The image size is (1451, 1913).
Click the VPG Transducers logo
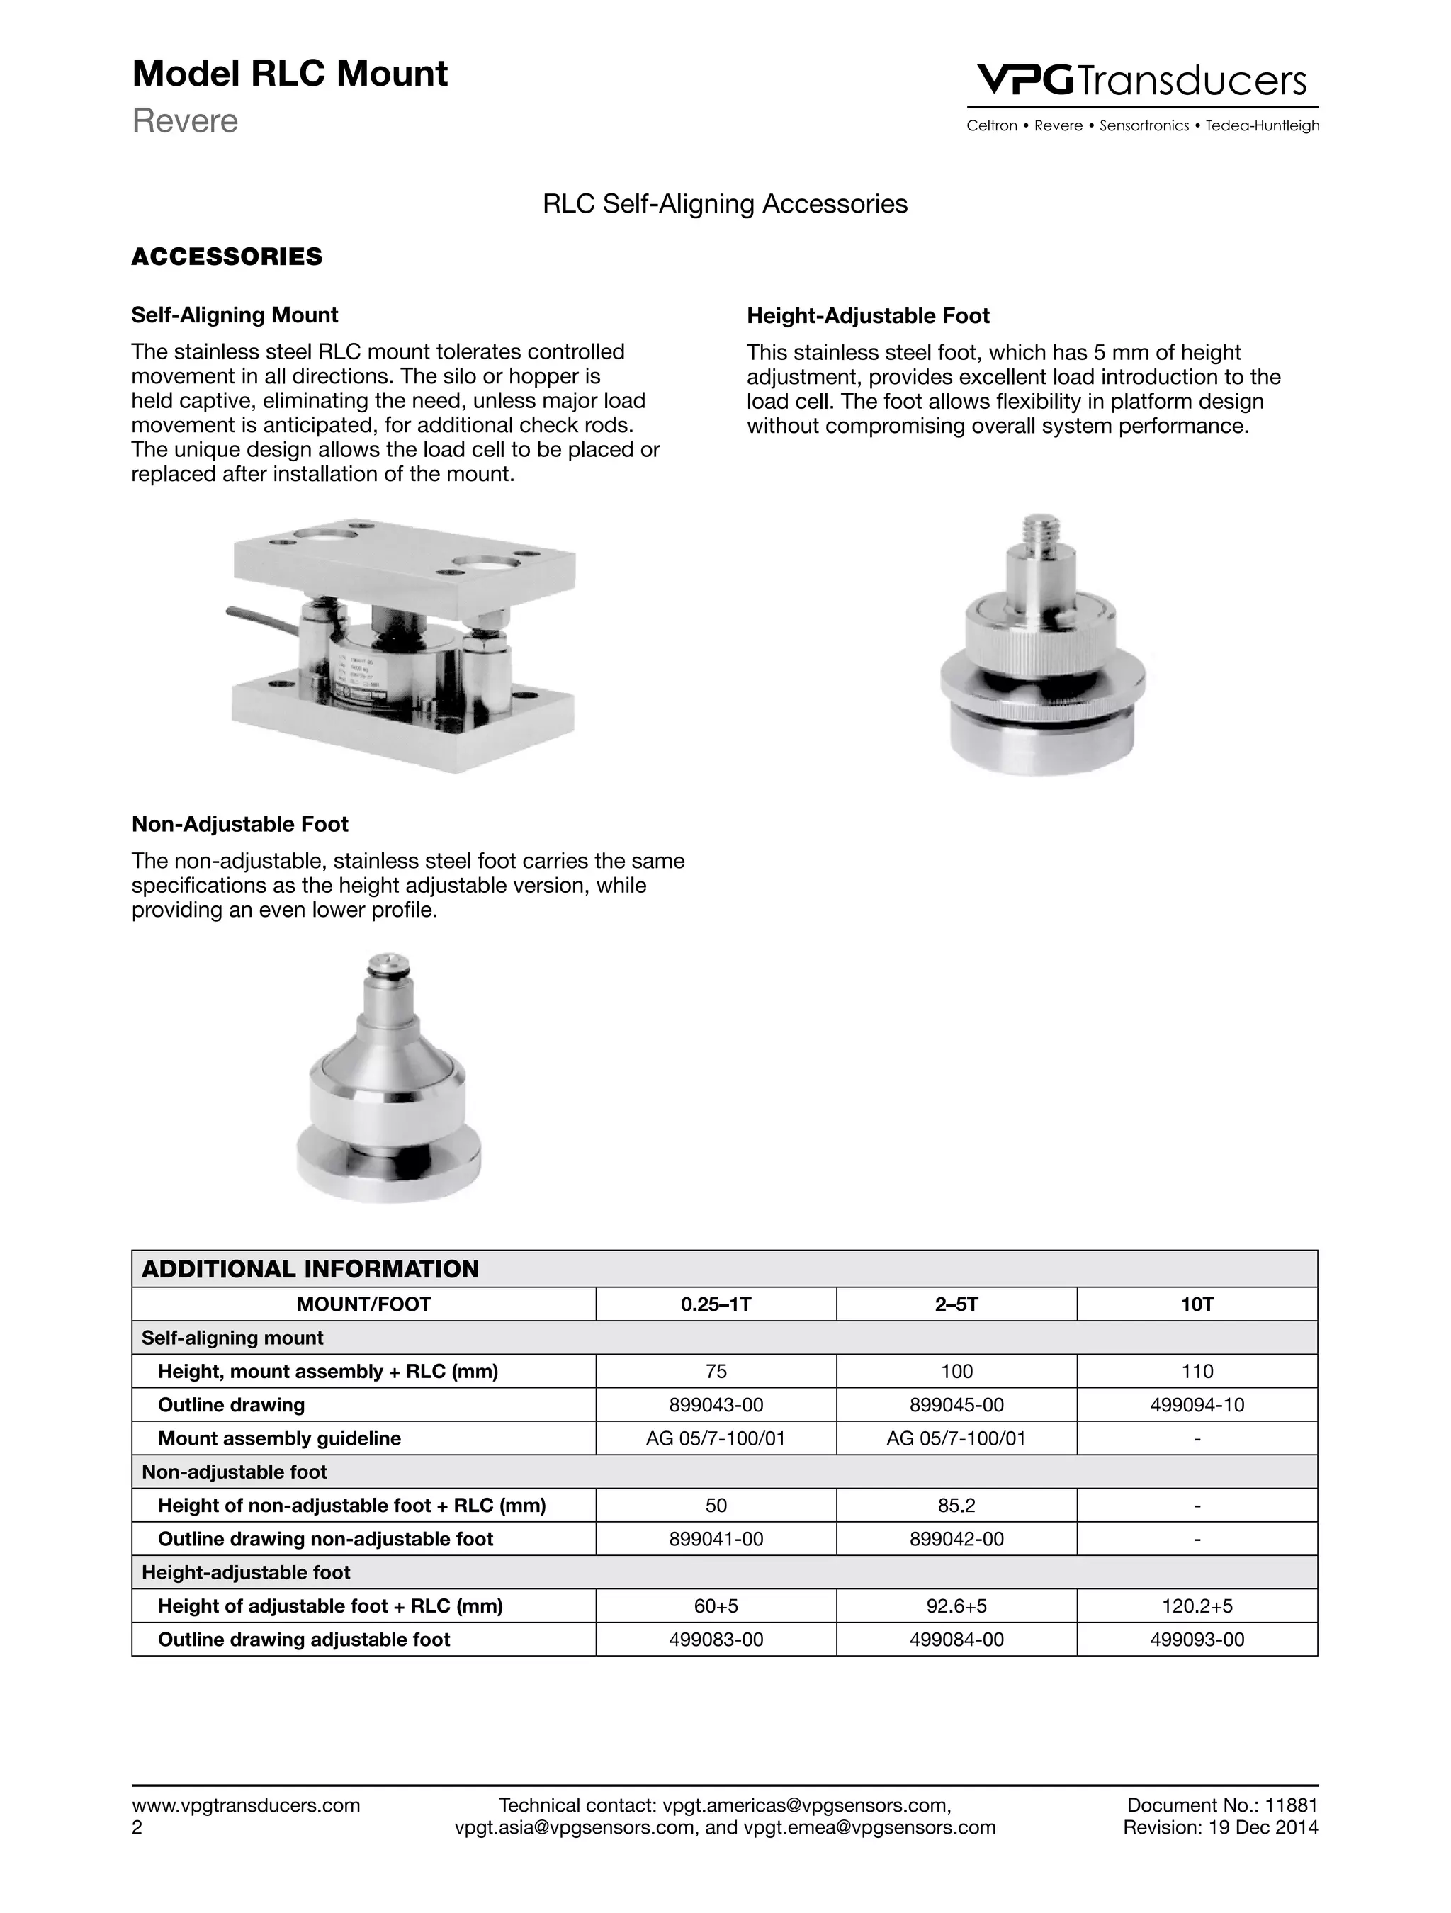(x=1141, y=81)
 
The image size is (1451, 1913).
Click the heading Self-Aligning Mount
(x=235, y=315)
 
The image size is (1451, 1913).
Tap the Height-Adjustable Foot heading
(x=867, y=316)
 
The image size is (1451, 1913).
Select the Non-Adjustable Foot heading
(x=239, y=824)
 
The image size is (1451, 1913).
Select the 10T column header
(x=1197, y=1304)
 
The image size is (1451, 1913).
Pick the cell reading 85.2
(x=956, y=1506)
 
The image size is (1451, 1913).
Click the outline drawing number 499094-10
(x=1197, y=1405)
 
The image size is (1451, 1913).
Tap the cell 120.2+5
(x=1197, y=1606)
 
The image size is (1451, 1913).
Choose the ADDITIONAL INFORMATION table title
(x=310, y=1269)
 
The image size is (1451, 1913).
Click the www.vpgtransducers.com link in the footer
(x=246, y=1805)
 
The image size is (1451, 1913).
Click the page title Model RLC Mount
(x=290, y=74)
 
